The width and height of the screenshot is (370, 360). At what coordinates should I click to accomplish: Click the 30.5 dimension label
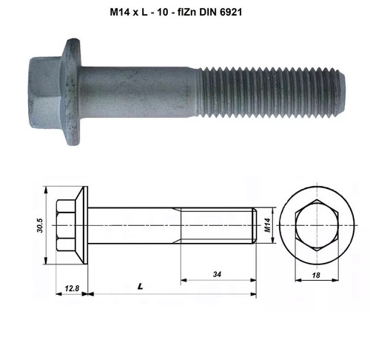[40, 224]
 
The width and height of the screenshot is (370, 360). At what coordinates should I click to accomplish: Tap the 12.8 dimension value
[71, 285]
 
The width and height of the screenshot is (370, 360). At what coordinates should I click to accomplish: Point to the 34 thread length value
[217, 273]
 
